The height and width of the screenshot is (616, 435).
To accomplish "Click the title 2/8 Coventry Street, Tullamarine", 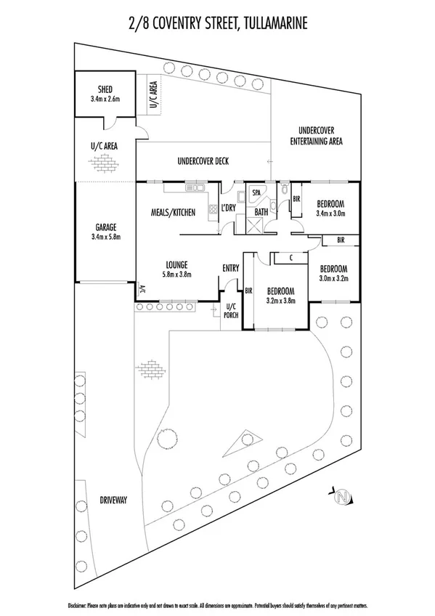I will click(217, 23).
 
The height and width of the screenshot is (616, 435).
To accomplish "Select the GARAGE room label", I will click(105, 227).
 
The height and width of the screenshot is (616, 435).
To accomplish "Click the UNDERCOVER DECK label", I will click(203, 161).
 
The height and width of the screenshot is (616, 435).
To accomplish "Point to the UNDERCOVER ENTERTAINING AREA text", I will click(316, 136).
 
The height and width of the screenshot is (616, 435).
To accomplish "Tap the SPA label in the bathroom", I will click(256, 194).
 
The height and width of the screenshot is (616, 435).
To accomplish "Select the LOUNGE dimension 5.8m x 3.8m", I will click(177, 274).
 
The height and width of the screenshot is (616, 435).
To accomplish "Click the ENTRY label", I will click(230, 269).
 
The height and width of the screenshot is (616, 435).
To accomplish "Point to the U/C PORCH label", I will click(232, 310).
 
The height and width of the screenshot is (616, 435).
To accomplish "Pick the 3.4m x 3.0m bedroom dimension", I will click(330, 214).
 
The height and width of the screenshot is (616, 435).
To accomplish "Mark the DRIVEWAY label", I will click(111, 500).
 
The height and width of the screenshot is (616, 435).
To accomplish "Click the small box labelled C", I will click(290, 257).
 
